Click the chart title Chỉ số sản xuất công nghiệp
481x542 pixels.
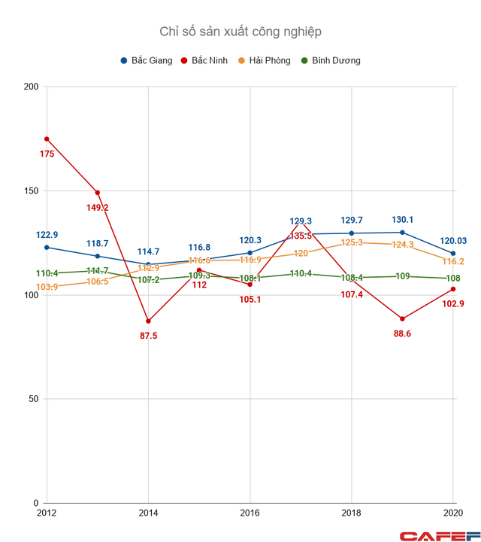click(x=240, y=32)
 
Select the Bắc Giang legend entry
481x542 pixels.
click(x=146, y=60)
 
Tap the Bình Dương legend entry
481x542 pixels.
click(x=331, y=60)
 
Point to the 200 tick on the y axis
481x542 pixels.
click(x=32, y=87)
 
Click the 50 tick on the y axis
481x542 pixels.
click(x=34, y=399)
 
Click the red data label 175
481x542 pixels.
click(x=47, y=154)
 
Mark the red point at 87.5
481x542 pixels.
click(x=148, y=321)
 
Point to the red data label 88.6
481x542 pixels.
click(x=402, y=333)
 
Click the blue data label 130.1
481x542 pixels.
click(x=402, y=220)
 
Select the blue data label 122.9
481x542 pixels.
click(x=47, y=235)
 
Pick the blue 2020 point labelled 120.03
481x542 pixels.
click(x=453, y=254)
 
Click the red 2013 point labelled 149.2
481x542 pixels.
click(x=98, y=193)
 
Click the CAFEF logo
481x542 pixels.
click(x=440, y=534)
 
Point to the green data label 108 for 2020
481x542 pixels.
click(x=453, y=279)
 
